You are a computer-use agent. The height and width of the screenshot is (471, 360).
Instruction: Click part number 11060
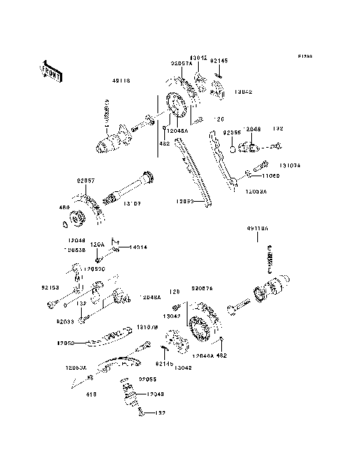pyautogui.click(x=271, y=176)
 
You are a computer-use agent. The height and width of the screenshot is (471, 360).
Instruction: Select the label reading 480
pyautogui.click(x=64, y=207)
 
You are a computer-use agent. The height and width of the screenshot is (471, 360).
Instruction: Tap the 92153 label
pyautogui.click(x=49, y=286)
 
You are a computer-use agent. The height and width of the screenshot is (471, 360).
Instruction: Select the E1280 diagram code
pyautogui.click(x=304, y=57)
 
